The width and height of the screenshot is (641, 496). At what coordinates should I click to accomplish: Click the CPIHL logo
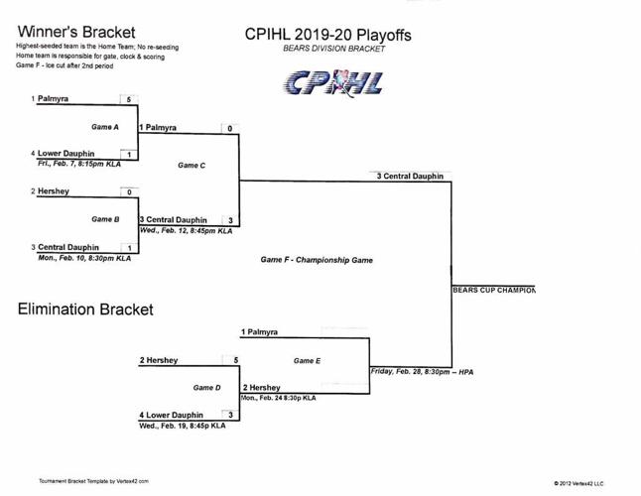332,82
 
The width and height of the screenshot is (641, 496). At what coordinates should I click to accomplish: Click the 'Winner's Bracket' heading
77,33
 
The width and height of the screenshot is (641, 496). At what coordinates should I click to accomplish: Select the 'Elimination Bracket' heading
85,310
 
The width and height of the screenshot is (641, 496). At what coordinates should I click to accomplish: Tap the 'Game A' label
105,127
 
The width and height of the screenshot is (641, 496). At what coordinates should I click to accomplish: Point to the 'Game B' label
105,219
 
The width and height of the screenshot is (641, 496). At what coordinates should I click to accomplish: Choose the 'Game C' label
192,165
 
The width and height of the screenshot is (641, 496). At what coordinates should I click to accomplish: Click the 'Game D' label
206,388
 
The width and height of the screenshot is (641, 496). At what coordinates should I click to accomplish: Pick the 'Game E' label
307,361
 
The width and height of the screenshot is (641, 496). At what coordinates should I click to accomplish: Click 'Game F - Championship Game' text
317,260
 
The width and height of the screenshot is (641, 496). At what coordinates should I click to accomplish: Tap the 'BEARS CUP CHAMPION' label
493,291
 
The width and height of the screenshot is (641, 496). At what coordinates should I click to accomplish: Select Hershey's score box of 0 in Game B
129,192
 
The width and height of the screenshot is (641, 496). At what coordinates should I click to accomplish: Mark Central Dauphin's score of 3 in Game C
229,220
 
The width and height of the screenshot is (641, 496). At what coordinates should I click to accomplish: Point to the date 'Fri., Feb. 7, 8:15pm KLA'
79,165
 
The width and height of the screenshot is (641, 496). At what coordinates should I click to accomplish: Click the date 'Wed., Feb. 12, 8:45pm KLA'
186,231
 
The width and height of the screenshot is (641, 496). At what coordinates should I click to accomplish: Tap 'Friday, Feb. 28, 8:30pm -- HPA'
422,372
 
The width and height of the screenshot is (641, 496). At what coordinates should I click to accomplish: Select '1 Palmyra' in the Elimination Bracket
259,332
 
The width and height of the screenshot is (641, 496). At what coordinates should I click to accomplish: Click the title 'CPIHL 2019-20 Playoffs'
327,35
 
